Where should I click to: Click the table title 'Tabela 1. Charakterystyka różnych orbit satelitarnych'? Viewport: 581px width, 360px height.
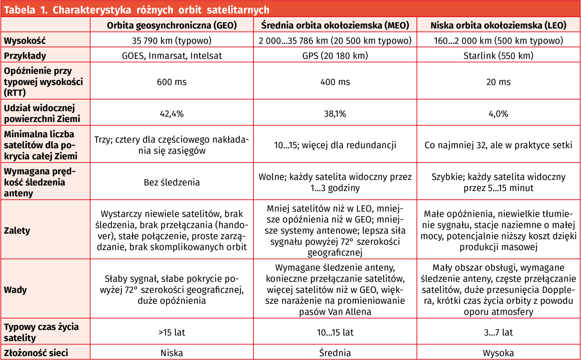tap(137, 9)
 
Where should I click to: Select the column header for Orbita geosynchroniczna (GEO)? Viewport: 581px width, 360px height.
tap(172, 25)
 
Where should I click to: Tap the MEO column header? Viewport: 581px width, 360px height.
tap(335, 25)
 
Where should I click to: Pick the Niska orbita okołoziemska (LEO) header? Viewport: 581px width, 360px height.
tap(498, 25)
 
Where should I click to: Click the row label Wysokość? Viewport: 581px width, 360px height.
tap(25, 41)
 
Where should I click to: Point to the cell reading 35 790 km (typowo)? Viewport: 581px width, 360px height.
tap(172, 41)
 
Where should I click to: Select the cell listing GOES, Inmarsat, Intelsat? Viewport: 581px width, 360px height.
tap(172, 56)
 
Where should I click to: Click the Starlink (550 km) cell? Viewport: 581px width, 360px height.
tap(498, 56)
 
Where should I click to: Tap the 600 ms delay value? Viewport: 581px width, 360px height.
tap(172, 82)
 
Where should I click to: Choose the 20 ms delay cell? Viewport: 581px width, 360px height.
tap(498, 82)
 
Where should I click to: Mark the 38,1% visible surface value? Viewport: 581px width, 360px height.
tap(335, 114)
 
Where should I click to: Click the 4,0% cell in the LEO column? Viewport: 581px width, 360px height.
tap(498, 114)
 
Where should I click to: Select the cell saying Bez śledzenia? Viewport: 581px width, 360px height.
tap(172, 182)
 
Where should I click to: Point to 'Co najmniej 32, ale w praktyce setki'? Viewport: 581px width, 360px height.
tap(498, 145)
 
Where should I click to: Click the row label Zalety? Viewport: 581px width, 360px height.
tap(17, 230)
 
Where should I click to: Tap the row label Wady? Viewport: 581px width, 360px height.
tap(15, 290)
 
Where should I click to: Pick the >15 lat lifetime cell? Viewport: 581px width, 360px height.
tap(172, 332)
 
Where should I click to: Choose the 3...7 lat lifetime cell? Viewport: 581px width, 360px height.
tap(498, 332)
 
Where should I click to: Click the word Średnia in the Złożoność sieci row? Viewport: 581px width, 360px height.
tap(335, 353)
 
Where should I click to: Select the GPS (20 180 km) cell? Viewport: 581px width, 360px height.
tap(335, 56)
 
